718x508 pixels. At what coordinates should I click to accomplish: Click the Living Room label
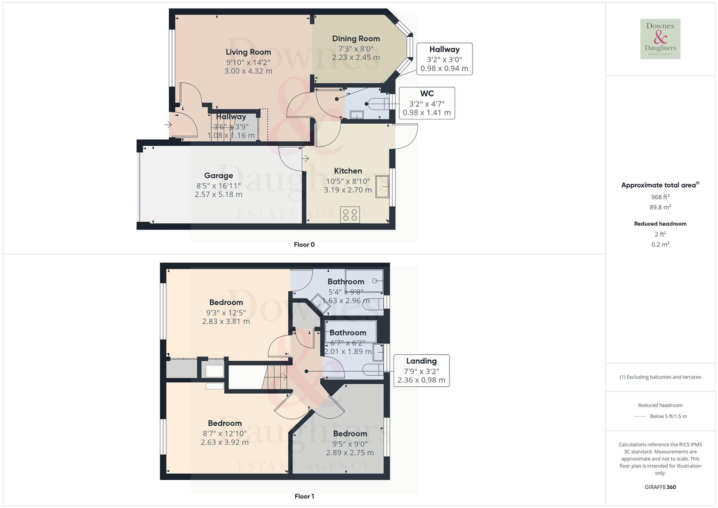point(248,52)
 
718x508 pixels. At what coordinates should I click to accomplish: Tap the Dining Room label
point(356,39)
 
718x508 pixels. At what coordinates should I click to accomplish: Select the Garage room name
point(219,175)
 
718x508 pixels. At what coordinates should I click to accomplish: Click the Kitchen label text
point(348,171)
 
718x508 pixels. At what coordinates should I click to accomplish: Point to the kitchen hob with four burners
point(350,215)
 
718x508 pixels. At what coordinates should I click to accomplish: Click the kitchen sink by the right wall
point(382,186)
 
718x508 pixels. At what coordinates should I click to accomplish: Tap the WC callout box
point(426,103)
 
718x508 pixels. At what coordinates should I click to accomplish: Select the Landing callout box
point(421,371)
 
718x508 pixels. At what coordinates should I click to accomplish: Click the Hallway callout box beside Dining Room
point(444,59)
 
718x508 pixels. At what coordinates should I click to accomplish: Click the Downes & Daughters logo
point(660,39)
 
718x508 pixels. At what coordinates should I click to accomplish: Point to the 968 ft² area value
point(660,197)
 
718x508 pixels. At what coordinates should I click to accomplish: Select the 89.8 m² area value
point(660,207)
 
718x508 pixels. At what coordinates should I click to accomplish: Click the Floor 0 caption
point(304,245)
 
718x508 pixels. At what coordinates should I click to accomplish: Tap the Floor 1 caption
point(304,496)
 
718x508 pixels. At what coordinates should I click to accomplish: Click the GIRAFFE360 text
point(660,487)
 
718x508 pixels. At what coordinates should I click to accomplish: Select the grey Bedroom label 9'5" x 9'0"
point(350,434)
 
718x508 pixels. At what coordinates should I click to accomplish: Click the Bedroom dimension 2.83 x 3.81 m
point(226,322)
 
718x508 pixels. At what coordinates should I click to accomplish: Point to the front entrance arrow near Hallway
point(168,125)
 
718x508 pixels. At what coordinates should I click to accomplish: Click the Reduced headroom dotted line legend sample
point(640,416)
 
